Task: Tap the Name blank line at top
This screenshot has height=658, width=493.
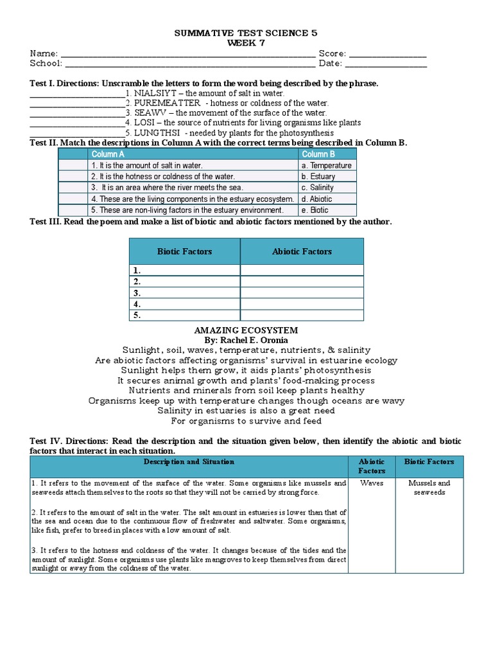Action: [187, 55]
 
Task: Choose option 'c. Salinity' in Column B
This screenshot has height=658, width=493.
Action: [317, 188]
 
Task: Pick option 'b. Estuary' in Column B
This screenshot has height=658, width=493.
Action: [318, 176]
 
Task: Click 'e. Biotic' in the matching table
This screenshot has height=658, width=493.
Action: [315, 210]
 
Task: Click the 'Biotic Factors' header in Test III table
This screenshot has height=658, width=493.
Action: [184, 251]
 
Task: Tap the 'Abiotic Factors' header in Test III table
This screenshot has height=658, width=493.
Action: [302, 251]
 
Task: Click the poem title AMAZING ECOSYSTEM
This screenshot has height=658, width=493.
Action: [246, 330]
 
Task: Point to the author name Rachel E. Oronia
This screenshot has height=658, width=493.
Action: [246, 340]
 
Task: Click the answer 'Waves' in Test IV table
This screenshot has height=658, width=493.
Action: [372, 483]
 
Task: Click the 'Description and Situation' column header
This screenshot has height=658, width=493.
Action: [189, 461]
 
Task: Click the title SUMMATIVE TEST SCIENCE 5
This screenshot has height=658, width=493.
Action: [246, 33]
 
